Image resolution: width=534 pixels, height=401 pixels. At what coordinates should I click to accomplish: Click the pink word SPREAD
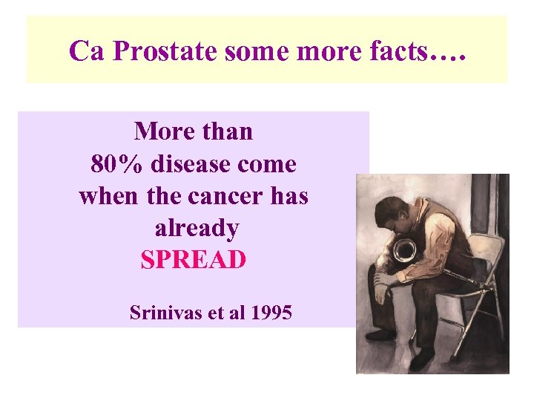[x=193, y=261]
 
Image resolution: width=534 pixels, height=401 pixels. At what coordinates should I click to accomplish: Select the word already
[x=197, y=229]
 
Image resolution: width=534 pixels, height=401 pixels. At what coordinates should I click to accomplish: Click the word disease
[x=190, y=163]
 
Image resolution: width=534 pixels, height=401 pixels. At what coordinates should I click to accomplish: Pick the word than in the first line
[x=223, y=131]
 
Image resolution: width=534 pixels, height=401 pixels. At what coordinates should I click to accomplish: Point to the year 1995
[x=271, y=313]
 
